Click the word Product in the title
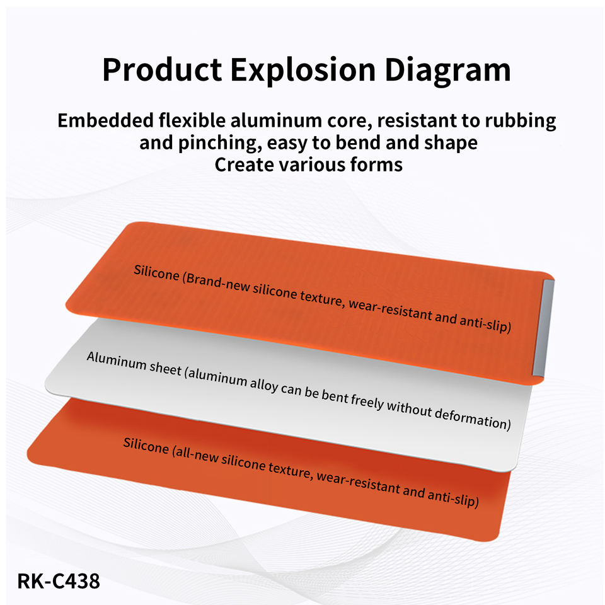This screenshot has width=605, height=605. [x=162, y=70]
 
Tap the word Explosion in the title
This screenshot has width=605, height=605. [x=303, y=70]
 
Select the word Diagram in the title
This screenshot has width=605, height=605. [x=447, y=70]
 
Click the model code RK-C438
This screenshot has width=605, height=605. [x=59, y=581]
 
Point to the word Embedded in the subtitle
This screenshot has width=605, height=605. [x=105, y=120]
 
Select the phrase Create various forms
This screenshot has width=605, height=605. [x=308, y=164]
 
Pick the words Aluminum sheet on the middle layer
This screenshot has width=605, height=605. [x=134, y=364]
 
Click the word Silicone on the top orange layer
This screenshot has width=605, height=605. [x=156, y=273]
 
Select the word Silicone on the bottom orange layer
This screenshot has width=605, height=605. [x=146, y=446]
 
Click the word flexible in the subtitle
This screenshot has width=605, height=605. [x=192, y=120]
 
